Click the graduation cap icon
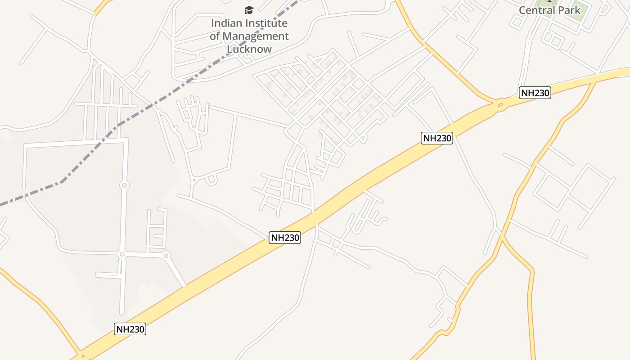point(249,10)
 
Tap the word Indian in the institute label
point(226,23)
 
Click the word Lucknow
point(249,49)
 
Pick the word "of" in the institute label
point(215,36)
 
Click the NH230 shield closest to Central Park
point(535,93)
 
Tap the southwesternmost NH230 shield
point(130,329)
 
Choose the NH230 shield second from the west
point(285,238)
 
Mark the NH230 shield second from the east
point(437,138)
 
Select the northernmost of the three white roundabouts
point(125,185)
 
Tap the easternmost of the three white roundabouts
point(166,256)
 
